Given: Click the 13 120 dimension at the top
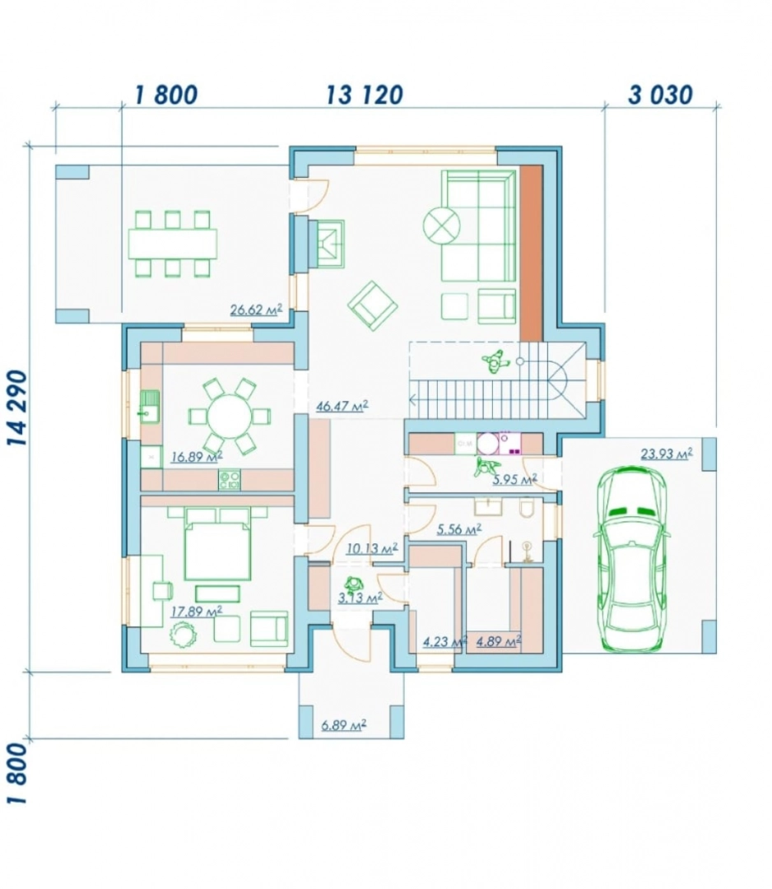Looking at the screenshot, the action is pos(365,95).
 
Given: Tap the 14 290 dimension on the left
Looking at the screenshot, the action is pos(18,407).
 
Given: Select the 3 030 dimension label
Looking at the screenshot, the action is pos(660,95).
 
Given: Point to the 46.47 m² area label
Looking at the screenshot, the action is pos(342,406).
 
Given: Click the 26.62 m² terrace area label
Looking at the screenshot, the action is pos(256,310).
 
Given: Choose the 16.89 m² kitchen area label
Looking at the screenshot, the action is pos(196,456).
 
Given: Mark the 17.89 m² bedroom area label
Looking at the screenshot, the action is pos(196,611).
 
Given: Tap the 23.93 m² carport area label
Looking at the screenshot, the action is pos(667,454).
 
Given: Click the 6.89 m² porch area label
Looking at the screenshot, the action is pos(343,724).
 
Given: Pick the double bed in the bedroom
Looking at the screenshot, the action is pos(217,543).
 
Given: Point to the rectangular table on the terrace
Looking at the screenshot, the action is pos(172,244).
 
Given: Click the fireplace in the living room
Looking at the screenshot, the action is pos(327,244).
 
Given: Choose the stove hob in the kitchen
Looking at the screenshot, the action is pos(230,480).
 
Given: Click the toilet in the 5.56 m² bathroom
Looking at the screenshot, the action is pos(527,507).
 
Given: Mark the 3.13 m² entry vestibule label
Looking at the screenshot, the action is pos(360,598).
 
